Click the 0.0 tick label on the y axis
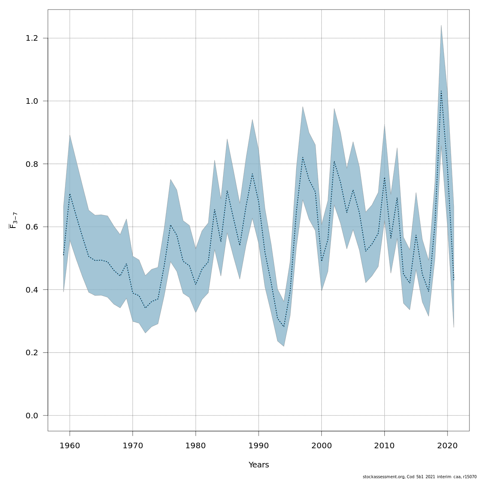pyautogui.click(x=32, y=416)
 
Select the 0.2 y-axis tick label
pyautogui.click(x=32, y=352)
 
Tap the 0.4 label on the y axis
pyautogui.click(x=32, y=290)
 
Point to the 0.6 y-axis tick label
pyautogui.click(x=32, y=227)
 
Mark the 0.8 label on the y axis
pyautogui.click(x=32, y=164)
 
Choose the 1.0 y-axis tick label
pyautogui.click(x=32, y=101)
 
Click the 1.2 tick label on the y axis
pyautogui.click(x=32, y=38)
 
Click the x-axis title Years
pyautogui.click(x=259, y=465)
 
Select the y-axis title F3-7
pyautogui.click(x=13, y=220)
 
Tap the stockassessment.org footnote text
pyautogui.click(x=420, y=477)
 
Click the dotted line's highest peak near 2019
pyautogui.click(x=441, y=91)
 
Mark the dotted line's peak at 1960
pyautogui.click(x=70, y=194)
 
